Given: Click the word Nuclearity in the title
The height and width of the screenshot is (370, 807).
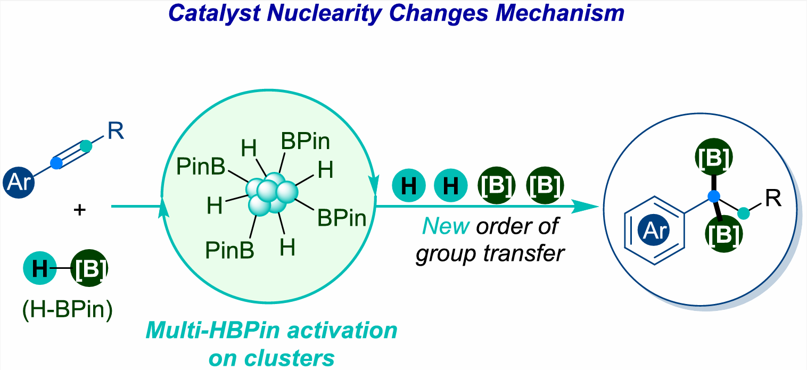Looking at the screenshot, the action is click(324, 14).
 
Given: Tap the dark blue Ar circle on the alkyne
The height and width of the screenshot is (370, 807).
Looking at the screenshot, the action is click(19, 182).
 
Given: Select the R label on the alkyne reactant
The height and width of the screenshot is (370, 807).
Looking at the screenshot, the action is click(116, 130).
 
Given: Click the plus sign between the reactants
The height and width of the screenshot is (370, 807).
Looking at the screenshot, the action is click(80, 210).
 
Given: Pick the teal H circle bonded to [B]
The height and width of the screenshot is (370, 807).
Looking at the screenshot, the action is click(39, 268).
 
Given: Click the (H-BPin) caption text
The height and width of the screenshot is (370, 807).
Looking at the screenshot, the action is click(68, 309).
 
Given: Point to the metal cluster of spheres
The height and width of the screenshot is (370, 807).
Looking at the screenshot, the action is click(272, 194).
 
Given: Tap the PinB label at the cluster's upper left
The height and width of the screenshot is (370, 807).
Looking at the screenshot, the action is click(201, 167).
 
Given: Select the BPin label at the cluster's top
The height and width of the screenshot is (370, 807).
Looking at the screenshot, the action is click(306, 141).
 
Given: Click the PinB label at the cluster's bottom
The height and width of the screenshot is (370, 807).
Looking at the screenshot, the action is click(229, 250).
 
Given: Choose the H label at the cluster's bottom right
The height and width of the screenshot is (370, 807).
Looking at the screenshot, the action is click(287, 248).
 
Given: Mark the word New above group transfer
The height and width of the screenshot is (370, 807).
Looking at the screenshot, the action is click(446, 226).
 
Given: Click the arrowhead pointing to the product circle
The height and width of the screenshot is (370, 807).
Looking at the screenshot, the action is click(585, 207).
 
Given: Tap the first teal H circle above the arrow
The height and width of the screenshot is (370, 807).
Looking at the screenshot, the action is click(409, 186).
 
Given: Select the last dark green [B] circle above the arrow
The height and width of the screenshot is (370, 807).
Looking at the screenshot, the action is click(545, 186).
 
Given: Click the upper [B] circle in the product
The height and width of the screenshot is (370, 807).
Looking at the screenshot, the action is click(714, 158).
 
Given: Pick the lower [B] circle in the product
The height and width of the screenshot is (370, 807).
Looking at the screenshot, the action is click(724, 234).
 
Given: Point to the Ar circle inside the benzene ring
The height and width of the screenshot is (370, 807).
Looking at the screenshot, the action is click(654, 230).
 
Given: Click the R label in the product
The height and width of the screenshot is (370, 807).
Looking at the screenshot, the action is click(773, 198).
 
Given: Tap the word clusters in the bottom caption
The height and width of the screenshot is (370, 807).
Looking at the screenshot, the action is click(290, 358).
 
